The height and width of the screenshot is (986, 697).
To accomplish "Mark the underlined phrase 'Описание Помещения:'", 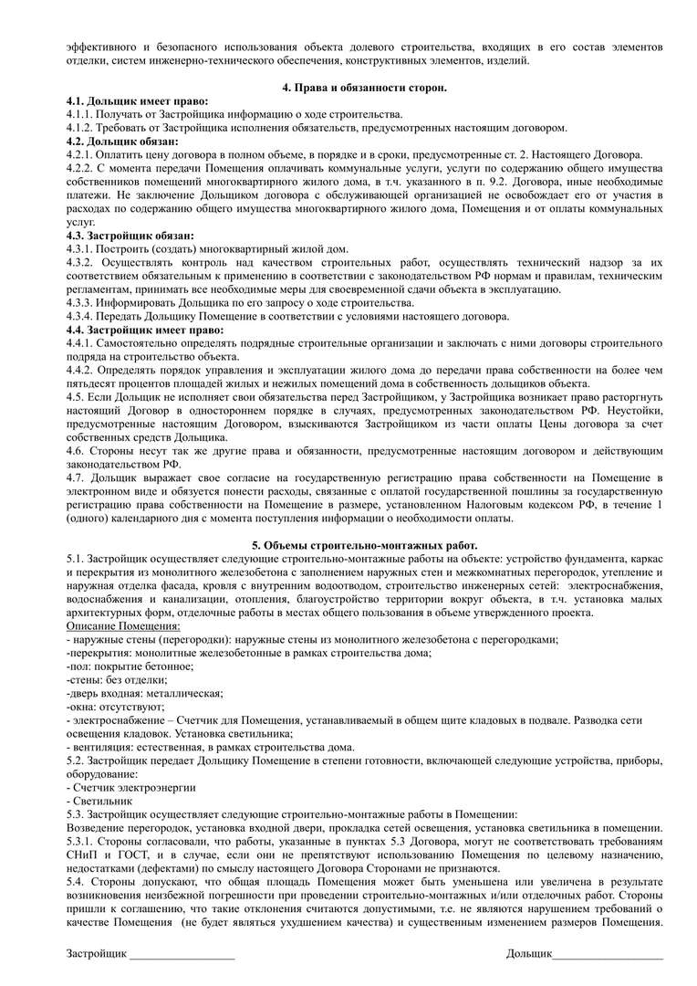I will [x=123, y=626].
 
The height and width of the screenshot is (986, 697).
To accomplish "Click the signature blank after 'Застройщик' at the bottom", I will [x=182, y=955].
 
